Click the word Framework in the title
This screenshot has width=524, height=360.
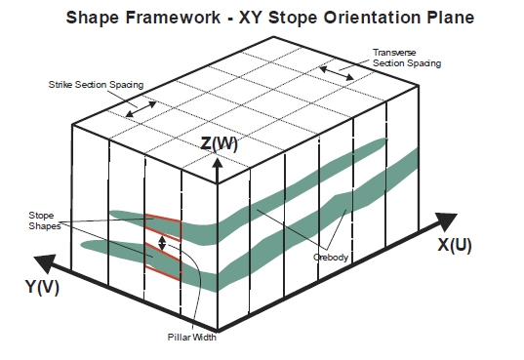pyautogui.click(x=173, y=18)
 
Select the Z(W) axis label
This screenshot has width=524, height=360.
pyautogui.click(x=219, y=143)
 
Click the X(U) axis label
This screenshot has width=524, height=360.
pyautogui.click(x=455, y=245)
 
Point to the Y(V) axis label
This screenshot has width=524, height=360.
pyautogui.click(x=42, y=287)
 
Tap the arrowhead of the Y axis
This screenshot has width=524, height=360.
pyautogui.click(x=46, y=263)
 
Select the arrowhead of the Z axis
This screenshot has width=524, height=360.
pyautogui.click(x=218, y=163)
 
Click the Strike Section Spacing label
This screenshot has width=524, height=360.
pyautogui.click(x=96, y=85)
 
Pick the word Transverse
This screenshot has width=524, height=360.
pyautogui.click(x=394, y=53)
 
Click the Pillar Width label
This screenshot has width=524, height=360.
pyautogui.click(x=192, y=337)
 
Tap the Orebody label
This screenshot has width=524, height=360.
pyautogui.click(x=331, y=257)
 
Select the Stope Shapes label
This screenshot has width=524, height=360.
pyautogui.click(x=45, y=220)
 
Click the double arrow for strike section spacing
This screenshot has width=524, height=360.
pyautogui.click(x=141, y=109)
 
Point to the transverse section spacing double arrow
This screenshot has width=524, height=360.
pyautogui.click(x=337, y=73)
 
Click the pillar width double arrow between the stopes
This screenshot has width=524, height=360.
pyautogui.click(x=162, y=243)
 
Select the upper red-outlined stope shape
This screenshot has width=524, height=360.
pyautogui.click(x=163, y=227)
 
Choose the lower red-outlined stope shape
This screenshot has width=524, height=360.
pyautogui.click(x=163, y=261)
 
